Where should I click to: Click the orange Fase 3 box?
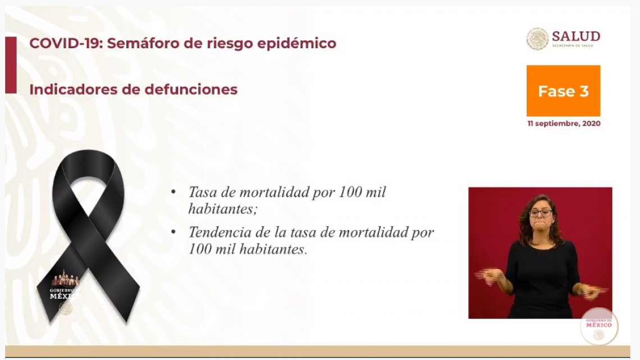click(x=563, y=91)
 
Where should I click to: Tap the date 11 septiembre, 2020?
click(x=563, y=124)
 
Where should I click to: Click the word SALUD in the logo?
click(x=575, y=37)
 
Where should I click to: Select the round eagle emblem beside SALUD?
click(x=537, y=39)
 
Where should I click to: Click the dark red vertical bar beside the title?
click(x=11, y=65)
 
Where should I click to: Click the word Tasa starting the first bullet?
click(x=202, y=193)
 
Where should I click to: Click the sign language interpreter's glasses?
click(x=540, y=213)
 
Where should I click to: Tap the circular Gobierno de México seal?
click(x=598, y=326)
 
